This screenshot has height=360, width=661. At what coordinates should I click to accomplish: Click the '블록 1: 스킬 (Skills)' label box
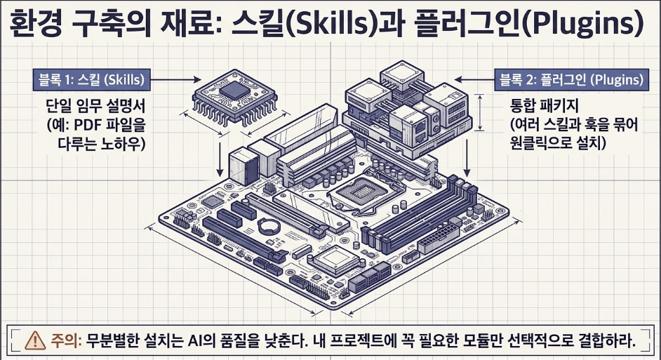pyautogui.click(x=91, y=80)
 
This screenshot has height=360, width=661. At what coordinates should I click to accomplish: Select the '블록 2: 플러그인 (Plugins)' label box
pyautogui.click(x=571, y=80)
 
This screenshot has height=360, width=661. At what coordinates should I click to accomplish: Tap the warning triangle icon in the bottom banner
pyautogui.click(x=35, y=340)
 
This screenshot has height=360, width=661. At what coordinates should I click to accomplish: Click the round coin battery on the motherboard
pyautogui.click(x=269, y=226)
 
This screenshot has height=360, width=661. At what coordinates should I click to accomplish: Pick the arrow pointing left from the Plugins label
pyautogui.click(x=474, y=79)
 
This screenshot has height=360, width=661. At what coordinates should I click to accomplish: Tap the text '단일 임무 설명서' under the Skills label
pyautogui.click(x=95, y=105)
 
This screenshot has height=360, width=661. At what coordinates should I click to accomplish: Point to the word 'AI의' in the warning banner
pyautogui.click(x=201, y=340)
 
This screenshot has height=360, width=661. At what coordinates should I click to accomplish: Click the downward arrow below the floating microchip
pyautogui.click(x=220, y=159)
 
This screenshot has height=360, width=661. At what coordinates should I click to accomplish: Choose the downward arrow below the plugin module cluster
pyautogui.click(x=467, y=158)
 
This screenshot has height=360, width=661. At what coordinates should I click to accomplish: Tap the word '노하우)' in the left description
pyautogui.click(x=123, y=144)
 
